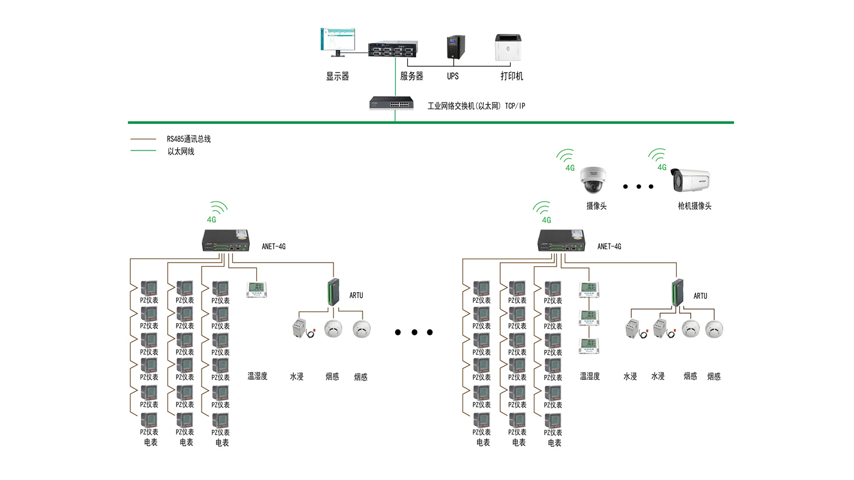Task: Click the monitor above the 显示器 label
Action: click(x=338, y=42)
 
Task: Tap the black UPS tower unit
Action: click(x=455, y=47)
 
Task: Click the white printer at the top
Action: click(x=508, y=47)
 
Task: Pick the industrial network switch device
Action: click(x=391, y=104)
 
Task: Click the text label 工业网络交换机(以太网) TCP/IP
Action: click(x=476, y=106)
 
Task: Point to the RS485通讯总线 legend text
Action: click(x=189, y=139)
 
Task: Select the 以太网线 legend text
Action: click(x=181, y=152)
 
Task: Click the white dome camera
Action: click(x=593, y=181)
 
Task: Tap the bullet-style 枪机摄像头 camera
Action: click(x=690, y=180)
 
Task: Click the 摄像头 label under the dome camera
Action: click(x=596, y=206)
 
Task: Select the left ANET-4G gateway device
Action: click(x=225, y=241)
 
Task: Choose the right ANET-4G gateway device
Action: click(x=561, y=241)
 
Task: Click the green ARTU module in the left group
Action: click(x=333, y=292)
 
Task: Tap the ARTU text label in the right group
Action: click(x=700, y=296)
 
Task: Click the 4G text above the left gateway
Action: click(x=211, y=220)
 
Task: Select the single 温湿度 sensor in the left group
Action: click(x=256, y=289)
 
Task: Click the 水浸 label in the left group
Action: click(x=297, y=377)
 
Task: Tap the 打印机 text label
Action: click(x=512, y=76)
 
